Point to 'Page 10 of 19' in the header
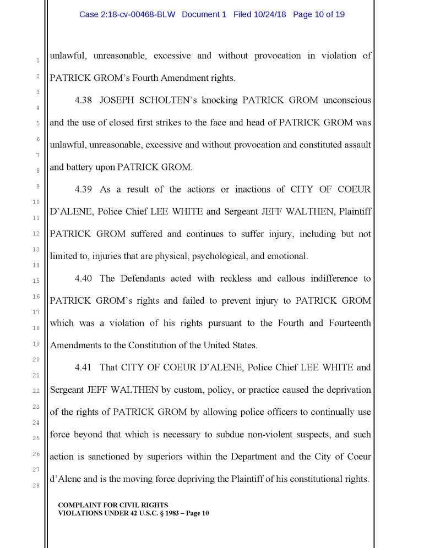319,14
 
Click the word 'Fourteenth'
348,323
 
